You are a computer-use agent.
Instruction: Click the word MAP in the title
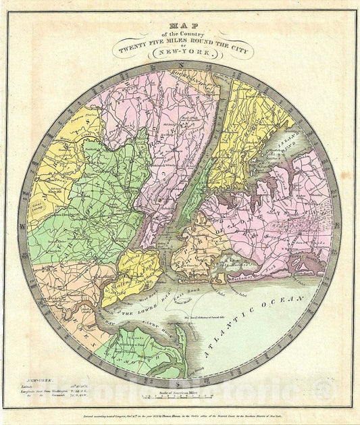pos(180,26)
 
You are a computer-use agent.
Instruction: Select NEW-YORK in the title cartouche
pos(180,52)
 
